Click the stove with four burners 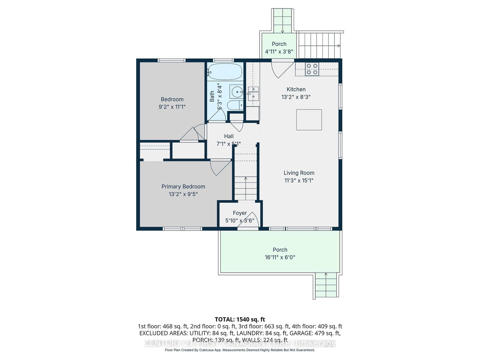(312, 69)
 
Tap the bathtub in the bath (225, 71)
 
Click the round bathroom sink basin (237, 91)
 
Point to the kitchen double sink (253, 93)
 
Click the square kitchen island (309, 120)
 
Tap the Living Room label (299, 173)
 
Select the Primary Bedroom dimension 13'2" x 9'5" (183, 194)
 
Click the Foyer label (240, 213)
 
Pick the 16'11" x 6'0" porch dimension (280, 257)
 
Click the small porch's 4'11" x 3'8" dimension (279, 52)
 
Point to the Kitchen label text (296, 89)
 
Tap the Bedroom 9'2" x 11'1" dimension (172, 107)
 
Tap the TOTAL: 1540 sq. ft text (240, 319)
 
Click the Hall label (229, 136)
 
